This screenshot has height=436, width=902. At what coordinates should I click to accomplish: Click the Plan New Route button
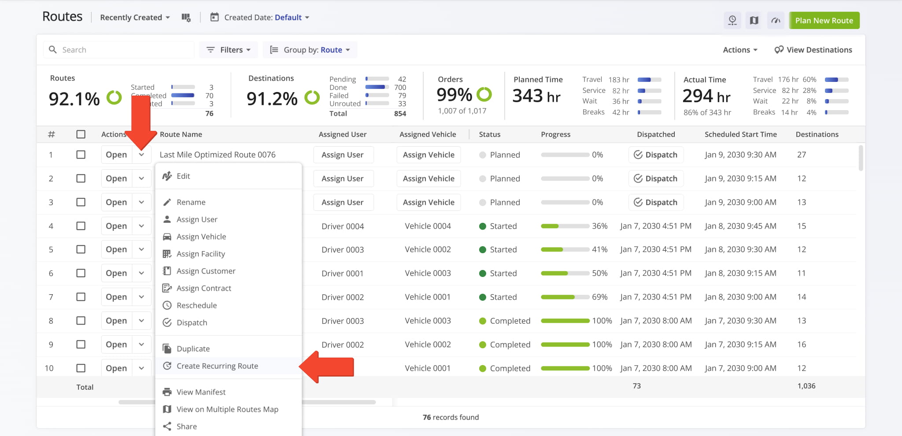pos(824,21)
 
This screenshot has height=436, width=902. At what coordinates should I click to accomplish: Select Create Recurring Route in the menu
pos(217,366)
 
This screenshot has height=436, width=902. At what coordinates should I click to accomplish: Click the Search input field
pos(126,50)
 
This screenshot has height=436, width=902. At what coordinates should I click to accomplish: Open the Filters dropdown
pos(229,50)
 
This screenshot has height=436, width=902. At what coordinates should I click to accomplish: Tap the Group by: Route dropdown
pos(310,50)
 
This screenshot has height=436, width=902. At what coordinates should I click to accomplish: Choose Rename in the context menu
pos(191,202)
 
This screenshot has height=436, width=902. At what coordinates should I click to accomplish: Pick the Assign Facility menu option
pos(200,254)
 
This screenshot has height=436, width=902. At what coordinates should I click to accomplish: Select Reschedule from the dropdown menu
pos(196,305)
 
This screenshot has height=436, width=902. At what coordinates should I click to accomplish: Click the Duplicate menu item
pos(193,349)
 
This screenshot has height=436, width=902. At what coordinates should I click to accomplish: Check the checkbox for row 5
pos(81,249)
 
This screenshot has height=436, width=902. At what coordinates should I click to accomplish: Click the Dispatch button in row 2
pos(656,178)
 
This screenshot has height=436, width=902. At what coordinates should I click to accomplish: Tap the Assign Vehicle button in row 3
pos(429,202)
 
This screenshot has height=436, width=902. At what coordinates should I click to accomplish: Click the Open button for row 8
pos(116,321)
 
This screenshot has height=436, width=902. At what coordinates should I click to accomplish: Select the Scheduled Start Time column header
pos(740,134)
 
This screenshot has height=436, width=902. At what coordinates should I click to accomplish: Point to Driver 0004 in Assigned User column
pos(343,226)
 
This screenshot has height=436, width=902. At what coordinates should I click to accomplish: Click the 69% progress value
pos(599,297)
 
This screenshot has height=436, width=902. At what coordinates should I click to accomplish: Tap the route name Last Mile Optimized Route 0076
pos(218,155)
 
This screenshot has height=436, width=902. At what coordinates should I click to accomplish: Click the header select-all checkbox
pos(81,134)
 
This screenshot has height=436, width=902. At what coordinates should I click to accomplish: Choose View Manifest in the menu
pos(201,392)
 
